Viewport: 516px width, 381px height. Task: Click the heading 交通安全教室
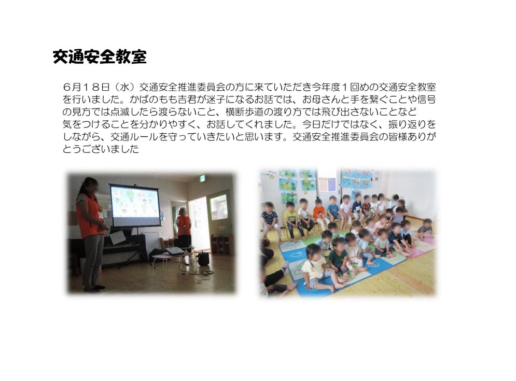[x=100, y=57]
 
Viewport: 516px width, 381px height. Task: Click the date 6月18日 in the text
[x=87, y=87]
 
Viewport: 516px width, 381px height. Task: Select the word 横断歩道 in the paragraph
[x=244, y=112]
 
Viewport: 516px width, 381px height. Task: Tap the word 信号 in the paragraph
[x=426, y=100]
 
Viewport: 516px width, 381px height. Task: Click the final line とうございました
[x=101, y=149]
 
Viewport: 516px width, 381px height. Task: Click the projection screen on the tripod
[x=135, y=205]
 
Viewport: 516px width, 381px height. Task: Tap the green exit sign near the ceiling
[x=202, y=178]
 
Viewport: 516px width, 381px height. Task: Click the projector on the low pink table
[x=174, y=251]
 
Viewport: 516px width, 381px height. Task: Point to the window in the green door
[x=219, y=207]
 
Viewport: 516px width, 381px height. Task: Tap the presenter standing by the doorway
[x=183, y=227]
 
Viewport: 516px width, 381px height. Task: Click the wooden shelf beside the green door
[x=222, y=245]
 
